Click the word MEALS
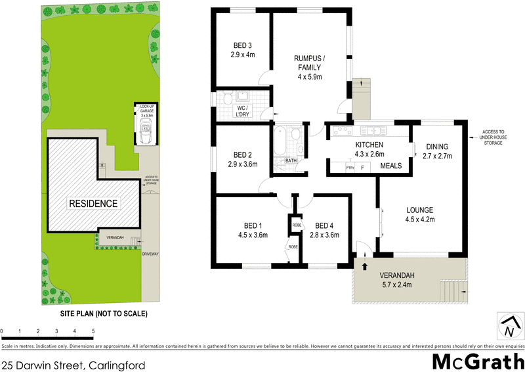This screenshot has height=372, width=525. [390, 166]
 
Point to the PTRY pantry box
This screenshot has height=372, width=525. [351, 168]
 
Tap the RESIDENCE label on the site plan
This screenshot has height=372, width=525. [93, 204]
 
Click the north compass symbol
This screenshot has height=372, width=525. [509, 325]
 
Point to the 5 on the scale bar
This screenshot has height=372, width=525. [94, 331]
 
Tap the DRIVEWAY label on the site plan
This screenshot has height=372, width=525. [152, 252]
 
